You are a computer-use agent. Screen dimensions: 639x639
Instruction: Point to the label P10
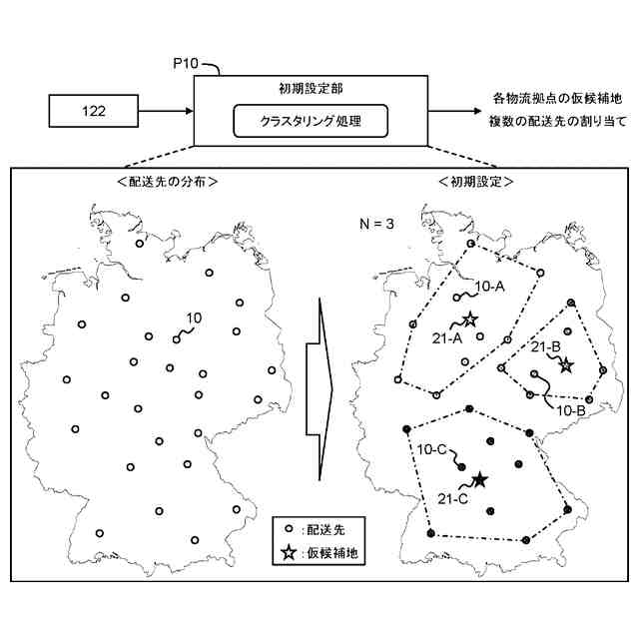(x=190, y=66)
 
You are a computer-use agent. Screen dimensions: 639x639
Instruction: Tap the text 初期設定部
(x=311, y=90)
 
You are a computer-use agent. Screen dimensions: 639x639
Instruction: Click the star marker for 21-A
(x=469, y=319)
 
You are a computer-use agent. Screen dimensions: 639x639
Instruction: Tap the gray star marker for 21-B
(x=566, y=365)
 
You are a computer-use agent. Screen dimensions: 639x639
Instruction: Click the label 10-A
(x=488, y=287)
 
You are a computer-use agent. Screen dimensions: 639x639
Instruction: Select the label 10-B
(x=569, y=409)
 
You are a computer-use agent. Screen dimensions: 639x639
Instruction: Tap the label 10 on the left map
(x=195, y=318)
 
